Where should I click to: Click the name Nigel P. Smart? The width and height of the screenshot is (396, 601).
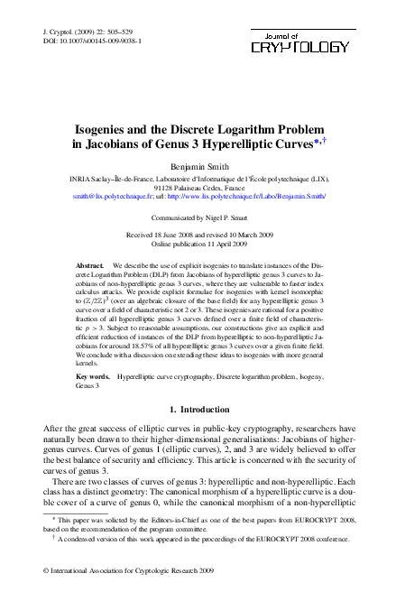[x=235, y=218]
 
